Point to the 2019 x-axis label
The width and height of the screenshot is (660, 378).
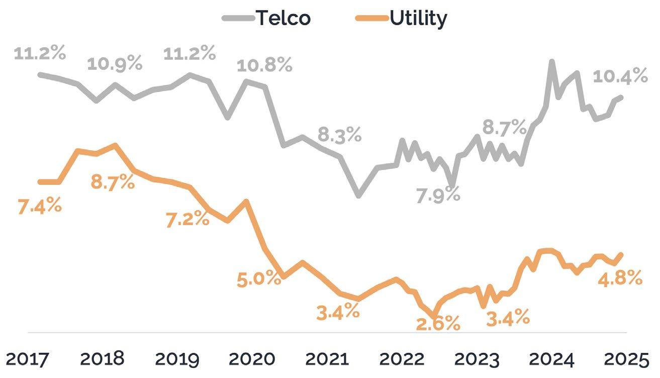pyautogui.click(x=177, y=360)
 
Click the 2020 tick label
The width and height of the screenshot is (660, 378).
pyautogui.click(x=252, y=360)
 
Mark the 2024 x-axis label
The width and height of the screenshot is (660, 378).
pyautogui.click(x=551, y=360)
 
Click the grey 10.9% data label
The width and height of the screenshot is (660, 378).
pyautogui.click(x=115, y=64)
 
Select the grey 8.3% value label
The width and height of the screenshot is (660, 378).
pyautogui.click(x=339, y=135)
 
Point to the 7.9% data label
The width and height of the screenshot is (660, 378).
pyautogui.click(x=438, y=194)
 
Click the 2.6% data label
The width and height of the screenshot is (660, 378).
pyautogui.click(x=438, y=323)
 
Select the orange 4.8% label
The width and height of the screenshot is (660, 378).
pyautogui.click(x=620, y=277)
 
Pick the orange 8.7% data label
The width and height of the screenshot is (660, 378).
pyautogui.click(x=113, y=181)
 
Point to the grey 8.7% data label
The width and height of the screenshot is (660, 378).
pyautogui.click(x=504, y=128)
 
